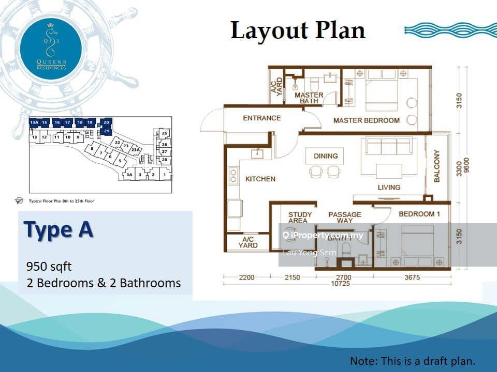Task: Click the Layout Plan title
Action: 298,30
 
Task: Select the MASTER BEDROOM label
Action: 366,120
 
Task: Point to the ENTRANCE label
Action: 262,118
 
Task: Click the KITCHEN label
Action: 260,179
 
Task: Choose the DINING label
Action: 326,156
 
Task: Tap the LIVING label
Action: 388,187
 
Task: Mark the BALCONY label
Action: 437,166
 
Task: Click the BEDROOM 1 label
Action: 419,214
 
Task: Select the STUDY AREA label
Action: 300,218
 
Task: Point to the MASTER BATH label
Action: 309,98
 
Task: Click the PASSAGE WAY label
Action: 345,218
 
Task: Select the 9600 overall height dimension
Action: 467,166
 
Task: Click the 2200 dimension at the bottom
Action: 246,277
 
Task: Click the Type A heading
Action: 59,230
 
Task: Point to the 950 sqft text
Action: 49,267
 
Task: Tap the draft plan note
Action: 413,361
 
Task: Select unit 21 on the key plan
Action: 106,131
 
